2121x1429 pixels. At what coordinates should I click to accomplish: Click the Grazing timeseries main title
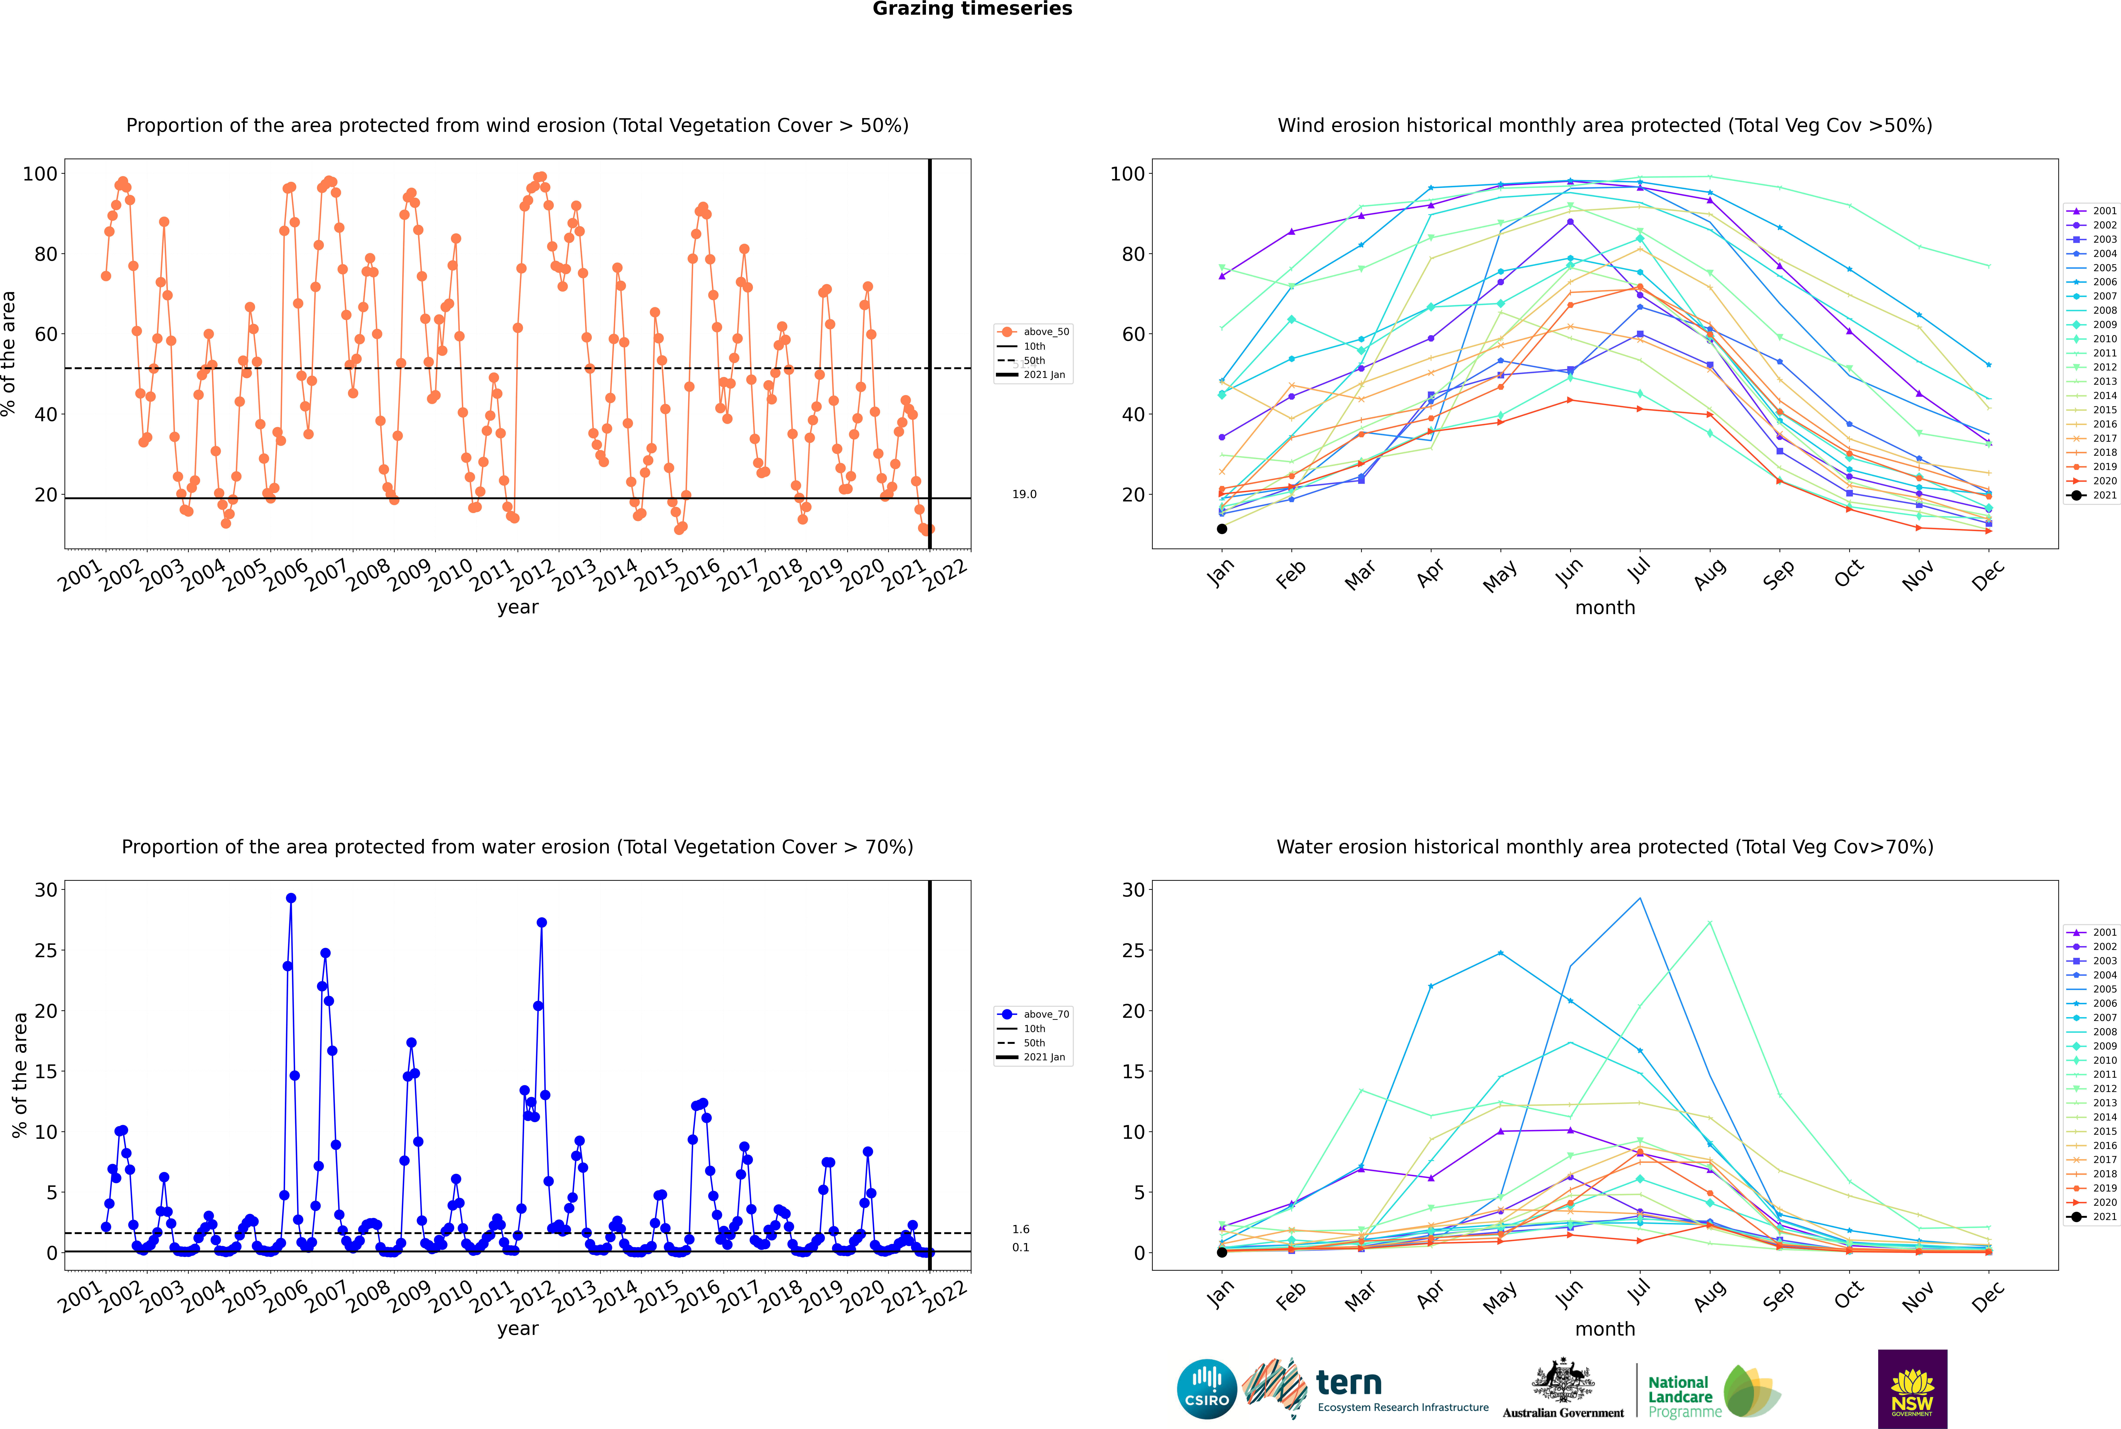point(972,9)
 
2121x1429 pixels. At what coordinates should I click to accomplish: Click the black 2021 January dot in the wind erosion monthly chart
point(1222,529)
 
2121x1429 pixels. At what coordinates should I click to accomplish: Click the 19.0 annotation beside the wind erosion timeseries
point(1024,494)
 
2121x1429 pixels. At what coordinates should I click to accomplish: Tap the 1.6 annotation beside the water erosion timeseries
point(1020,1230)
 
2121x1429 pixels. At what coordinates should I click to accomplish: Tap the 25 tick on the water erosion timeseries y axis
point(45,951)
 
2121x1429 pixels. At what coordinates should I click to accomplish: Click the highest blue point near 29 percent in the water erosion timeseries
point(291,898)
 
